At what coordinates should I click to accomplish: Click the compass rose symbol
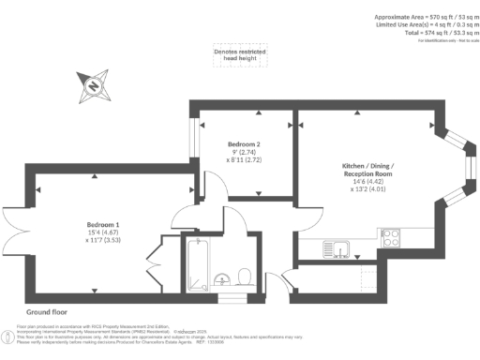pyautogui.click(x=95, y=87)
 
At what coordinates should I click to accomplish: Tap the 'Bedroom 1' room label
pyautogui.click(x=103, y=225)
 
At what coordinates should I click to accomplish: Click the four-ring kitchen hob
pyautogui.click(x=390, y=236)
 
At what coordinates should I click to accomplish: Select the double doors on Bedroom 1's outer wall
pyautogui.click(x=11, y=229)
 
